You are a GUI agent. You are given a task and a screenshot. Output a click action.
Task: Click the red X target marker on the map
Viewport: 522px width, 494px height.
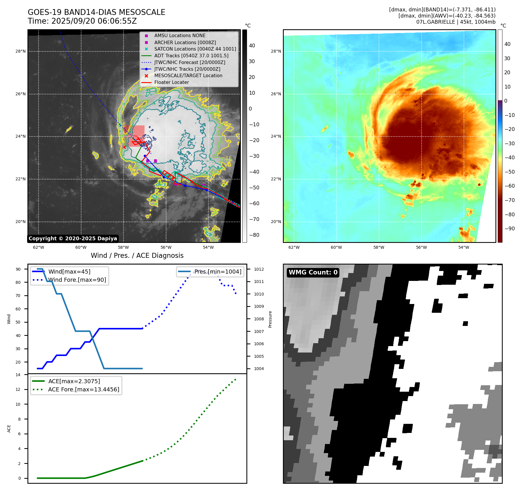point(124,147)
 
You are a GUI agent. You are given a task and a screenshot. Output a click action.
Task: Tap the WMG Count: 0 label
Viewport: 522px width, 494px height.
point(313,272)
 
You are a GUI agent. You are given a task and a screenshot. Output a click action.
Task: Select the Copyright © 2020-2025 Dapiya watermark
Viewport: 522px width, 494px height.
point(73,239)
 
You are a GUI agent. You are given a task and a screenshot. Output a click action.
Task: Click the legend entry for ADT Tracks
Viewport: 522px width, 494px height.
point(191,56)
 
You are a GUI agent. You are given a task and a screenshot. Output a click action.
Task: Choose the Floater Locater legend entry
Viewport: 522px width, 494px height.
point(171,82)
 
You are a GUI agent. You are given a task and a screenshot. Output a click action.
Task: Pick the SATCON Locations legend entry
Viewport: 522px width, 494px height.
point(195,49)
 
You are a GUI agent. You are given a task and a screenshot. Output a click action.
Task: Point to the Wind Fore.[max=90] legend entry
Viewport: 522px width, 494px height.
point(77,280)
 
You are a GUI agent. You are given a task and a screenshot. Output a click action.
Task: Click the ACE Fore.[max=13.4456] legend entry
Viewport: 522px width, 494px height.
point(83,390)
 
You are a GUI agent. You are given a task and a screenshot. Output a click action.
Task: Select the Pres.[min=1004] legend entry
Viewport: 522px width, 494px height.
point(218,272)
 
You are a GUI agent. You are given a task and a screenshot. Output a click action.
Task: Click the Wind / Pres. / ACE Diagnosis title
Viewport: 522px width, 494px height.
point(137,255)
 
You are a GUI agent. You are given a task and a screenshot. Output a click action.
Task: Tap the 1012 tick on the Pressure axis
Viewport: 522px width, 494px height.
point(259,269)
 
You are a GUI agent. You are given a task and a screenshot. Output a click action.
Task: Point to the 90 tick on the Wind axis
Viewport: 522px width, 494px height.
point(18,269)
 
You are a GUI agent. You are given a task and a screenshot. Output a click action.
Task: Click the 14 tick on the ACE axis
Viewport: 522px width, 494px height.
point(18,375)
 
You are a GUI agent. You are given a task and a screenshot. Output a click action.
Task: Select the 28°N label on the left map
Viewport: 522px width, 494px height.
point(20,51)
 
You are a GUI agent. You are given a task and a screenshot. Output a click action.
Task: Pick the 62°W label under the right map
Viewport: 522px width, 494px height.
point(294,247)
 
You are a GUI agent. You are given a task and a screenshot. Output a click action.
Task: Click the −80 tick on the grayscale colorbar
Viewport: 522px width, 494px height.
point(254,235)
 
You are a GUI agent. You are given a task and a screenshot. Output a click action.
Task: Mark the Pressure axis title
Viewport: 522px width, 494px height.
point(270,319)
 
